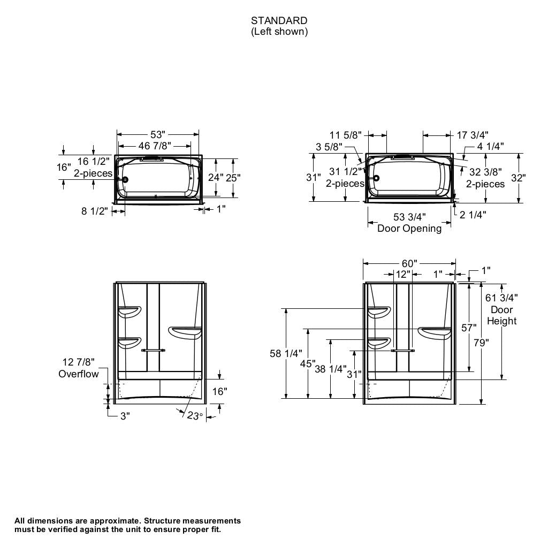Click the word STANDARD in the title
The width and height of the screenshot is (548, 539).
[279, 21]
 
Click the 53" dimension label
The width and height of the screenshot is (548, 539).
[158, 134]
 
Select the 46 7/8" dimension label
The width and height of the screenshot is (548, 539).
[155, 146]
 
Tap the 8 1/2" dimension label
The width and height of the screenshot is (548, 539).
[95, 211]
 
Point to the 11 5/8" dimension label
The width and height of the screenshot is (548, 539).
[346, 135]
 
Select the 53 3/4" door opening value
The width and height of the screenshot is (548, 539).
[409, 217]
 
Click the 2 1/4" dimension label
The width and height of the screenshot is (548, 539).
[473, 215]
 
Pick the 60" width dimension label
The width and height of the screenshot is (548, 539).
[409, 263]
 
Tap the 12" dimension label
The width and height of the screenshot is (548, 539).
[402, 275]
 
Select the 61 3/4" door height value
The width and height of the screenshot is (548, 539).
[501, 298]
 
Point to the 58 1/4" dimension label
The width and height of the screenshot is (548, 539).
[286, 353]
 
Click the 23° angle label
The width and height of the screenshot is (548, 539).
[194, 415]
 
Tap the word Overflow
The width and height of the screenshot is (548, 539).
[79, 374]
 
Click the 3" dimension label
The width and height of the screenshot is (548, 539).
[125, 416]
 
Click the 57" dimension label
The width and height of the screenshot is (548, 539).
[468, 328]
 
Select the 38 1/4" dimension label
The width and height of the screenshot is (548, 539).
[331, 369]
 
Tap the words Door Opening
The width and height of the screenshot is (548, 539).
[409, 229]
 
